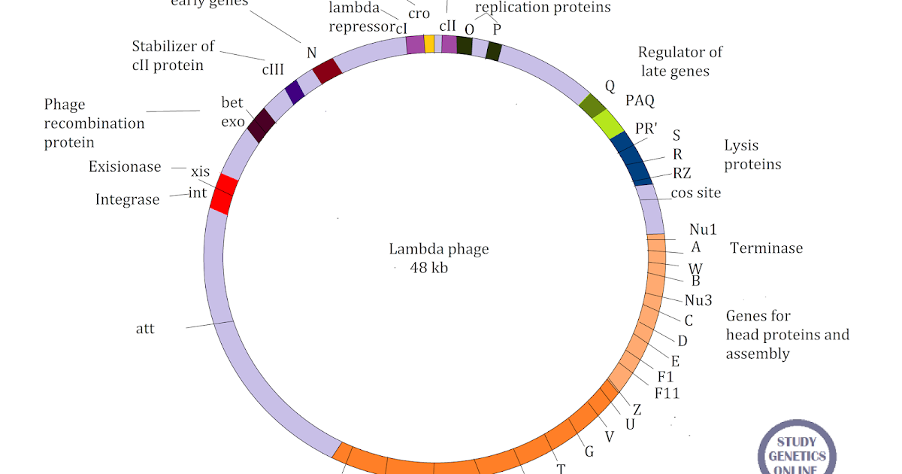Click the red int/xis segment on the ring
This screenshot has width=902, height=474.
(x=223, y=195)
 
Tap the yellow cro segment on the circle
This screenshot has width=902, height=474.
(x=429, y=44)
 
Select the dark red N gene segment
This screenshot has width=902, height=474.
(x=328, y=71)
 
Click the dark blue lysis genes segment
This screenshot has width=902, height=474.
(x=632, y=158)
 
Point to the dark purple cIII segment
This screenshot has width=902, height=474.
(x=295, y=92)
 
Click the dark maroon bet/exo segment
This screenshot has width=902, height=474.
(x=261, y=126)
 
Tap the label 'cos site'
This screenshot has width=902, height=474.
(x=696, y=193)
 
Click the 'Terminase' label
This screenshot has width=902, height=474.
(x=766, y=248)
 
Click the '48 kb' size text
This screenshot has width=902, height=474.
(x=429, y=268)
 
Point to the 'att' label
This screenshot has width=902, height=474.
(x=145, y=329)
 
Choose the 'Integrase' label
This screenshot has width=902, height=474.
(x=128, y=199)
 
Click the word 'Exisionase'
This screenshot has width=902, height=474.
(x=125, y=166)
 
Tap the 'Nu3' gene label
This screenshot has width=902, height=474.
(x=698, y=300)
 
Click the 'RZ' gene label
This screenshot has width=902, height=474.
(x=682, y=174)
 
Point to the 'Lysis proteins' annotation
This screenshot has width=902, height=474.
(x=752, y=155)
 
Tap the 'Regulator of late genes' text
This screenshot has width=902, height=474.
(x=680, y=62)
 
